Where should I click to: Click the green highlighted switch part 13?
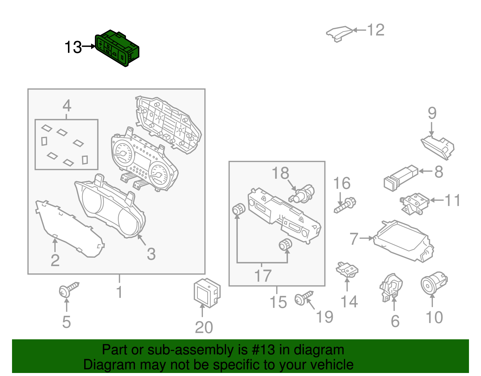pos(117,48)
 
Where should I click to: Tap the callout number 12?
pos(376,30)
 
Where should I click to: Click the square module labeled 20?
pos(207,293)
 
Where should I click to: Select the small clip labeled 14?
pos(347,269)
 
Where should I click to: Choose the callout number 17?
pos(263,275)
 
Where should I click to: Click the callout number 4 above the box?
pos(67,106)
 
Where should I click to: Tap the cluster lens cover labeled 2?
pos(69,229)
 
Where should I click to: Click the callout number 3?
pos(151,254)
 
